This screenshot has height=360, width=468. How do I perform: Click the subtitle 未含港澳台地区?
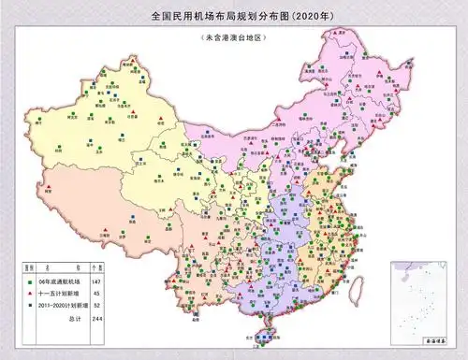233,37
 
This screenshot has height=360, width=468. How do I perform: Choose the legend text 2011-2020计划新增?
62,304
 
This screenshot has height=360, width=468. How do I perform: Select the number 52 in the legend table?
96,304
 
